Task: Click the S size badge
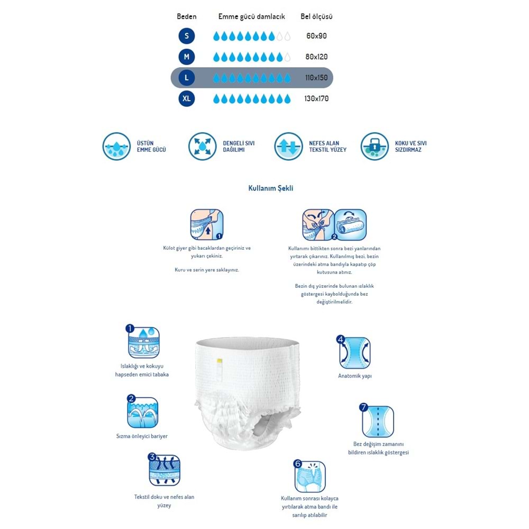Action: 187,36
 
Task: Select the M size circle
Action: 187,57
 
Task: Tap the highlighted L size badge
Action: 187,78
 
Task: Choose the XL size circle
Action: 187,98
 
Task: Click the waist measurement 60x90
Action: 317,37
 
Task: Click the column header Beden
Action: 186,16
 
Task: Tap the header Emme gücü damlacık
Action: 251,16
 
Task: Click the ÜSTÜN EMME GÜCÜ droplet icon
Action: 116,147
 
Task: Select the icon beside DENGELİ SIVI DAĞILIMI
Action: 202,147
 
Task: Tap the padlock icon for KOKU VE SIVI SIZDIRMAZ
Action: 374,147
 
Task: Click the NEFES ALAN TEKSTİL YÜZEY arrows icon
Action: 288,147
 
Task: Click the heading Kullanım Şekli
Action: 271,188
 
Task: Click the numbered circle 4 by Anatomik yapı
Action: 341,339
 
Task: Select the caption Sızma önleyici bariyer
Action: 142,436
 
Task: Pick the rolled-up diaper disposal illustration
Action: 350,225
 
